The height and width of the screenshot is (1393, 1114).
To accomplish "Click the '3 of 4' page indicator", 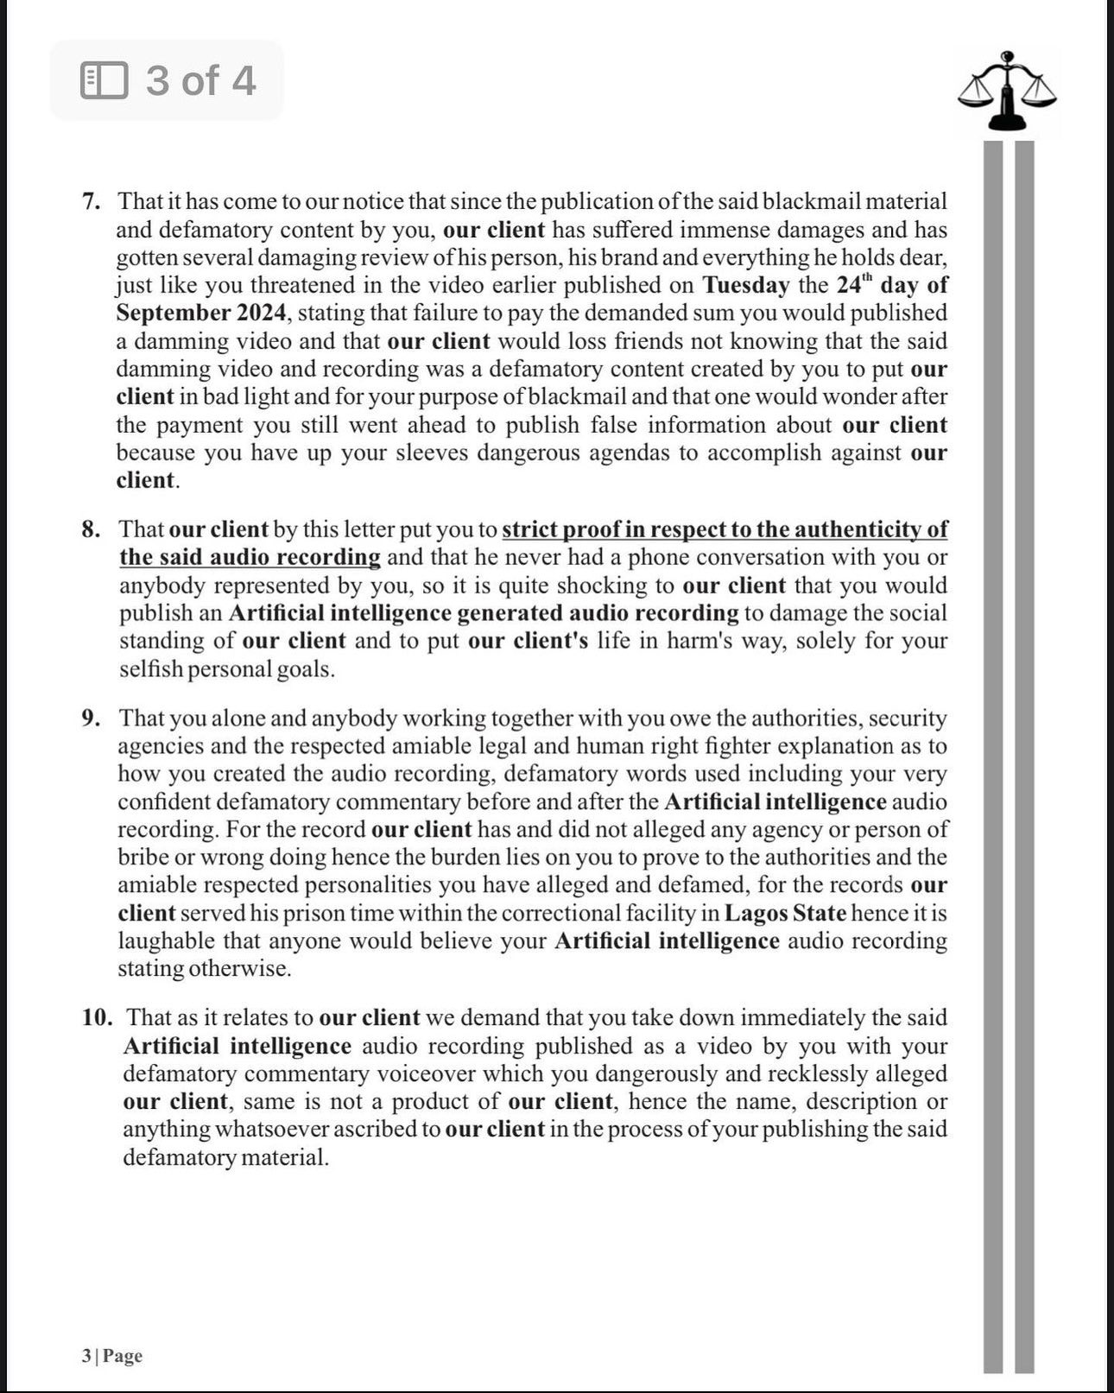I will (200, 80).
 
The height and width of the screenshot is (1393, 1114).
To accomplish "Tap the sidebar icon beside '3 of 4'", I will (104, 80).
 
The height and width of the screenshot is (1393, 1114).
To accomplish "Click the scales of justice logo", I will (1007, 91).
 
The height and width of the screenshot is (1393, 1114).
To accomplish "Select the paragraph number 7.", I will (91, 201).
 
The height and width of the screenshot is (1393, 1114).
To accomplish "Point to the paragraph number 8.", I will (91, 529).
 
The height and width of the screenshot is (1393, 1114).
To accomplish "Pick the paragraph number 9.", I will (92, 718).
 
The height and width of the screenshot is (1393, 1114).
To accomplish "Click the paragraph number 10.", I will (98, 1017).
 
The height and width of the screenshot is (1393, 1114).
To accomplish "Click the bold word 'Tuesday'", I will (745, 285).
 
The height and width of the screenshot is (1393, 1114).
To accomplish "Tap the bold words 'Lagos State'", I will (785, 913).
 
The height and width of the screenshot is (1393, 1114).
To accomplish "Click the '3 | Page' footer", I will (112, 1356).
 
